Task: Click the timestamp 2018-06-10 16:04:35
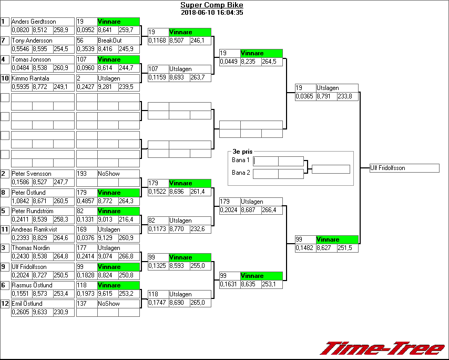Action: (212, 13)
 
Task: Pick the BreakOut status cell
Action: (109, 41)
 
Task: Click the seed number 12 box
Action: (5, 304)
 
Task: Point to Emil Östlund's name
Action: (27, 304)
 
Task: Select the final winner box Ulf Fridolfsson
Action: (404, 168)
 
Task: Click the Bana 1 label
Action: (241, 160)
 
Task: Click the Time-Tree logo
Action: (383, 348)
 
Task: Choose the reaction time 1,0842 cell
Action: (21, 202)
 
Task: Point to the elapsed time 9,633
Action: (42, 312)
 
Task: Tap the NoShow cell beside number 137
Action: (109, 304)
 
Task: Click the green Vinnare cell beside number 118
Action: (118, 285)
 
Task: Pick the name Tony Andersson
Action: (32, 41)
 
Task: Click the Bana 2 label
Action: (241, 173)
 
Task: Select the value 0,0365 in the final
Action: (305, 96)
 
